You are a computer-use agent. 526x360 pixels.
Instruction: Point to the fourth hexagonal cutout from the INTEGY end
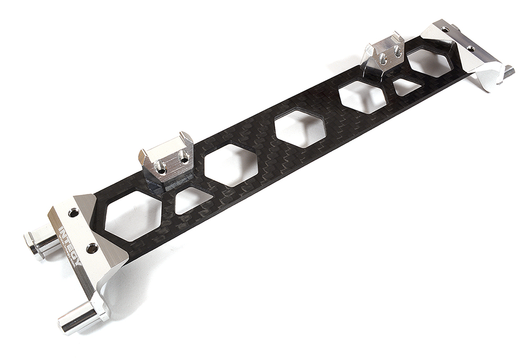[x=362, y=96]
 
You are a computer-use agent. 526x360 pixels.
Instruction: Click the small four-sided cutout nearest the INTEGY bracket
[x=192, y=200]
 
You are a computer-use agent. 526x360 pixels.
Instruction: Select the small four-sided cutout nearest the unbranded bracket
[x=407, y=87]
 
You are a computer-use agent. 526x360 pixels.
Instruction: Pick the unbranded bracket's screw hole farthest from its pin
[x=446, y=30]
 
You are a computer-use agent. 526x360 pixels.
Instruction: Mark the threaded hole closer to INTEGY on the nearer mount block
[x=162, y=168]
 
